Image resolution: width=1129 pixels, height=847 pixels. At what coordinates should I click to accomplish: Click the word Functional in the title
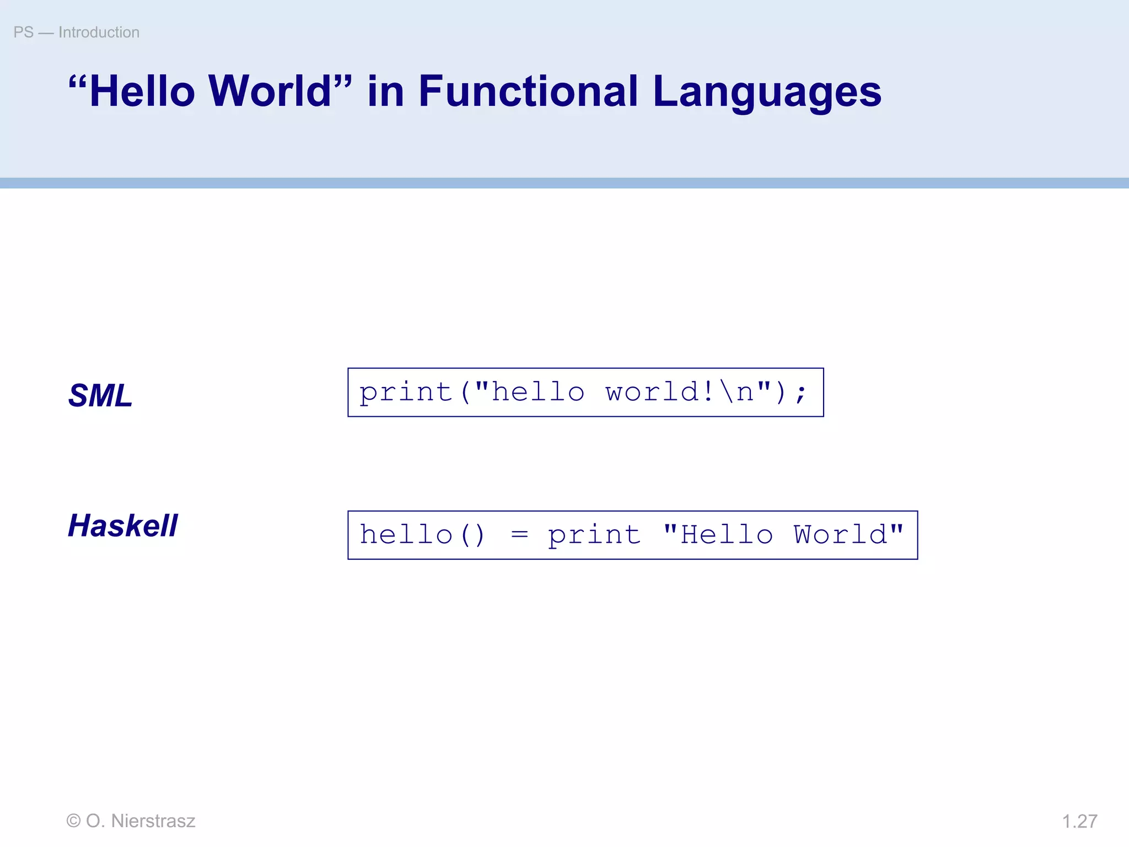(528, 91)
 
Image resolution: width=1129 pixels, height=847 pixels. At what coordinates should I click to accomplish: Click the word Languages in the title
(767, 92)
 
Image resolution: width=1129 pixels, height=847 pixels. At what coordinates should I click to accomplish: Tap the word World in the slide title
(270, 91)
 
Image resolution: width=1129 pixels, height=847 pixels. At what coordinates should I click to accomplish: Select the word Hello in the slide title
(142, 91)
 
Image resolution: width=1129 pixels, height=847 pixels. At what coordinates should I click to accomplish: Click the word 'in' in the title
(385, 91)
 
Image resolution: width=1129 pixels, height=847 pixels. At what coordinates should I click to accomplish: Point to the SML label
(100, 395)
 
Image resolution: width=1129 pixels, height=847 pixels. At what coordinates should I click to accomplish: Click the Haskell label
(123, 525)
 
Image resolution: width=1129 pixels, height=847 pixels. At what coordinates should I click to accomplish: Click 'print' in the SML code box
(406, 393)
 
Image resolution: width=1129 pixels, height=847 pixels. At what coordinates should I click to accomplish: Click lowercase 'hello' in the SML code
(538, 392)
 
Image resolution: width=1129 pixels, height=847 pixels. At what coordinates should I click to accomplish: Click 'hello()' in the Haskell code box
(422, 535)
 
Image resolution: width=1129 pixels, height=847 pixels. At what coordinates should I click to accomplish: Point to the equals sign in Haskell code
(519, 535)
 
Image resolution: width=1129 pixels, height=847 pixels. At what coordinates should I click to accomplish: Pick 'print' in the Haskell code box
(594, 535)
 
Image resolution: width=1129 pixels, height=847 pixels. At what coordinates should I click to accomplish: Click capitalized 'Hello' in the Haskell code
(727, 535)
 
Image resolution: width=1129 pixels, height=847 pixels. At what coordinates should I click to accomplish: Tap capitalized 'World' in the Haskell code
(840, 535)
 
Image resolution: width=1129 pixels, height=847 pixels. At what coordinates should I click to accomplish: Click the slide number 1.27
(1079, 821)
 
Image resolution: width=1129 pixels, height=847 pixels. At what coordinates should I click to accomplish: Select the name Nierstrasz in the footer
(153, 821)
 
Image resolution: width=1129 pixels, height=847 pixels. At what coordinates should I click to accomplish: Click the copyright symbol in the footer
(73, 821)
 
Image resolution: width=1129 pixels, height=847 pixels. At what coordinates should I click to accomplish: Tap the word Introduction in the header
(99, 33)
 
